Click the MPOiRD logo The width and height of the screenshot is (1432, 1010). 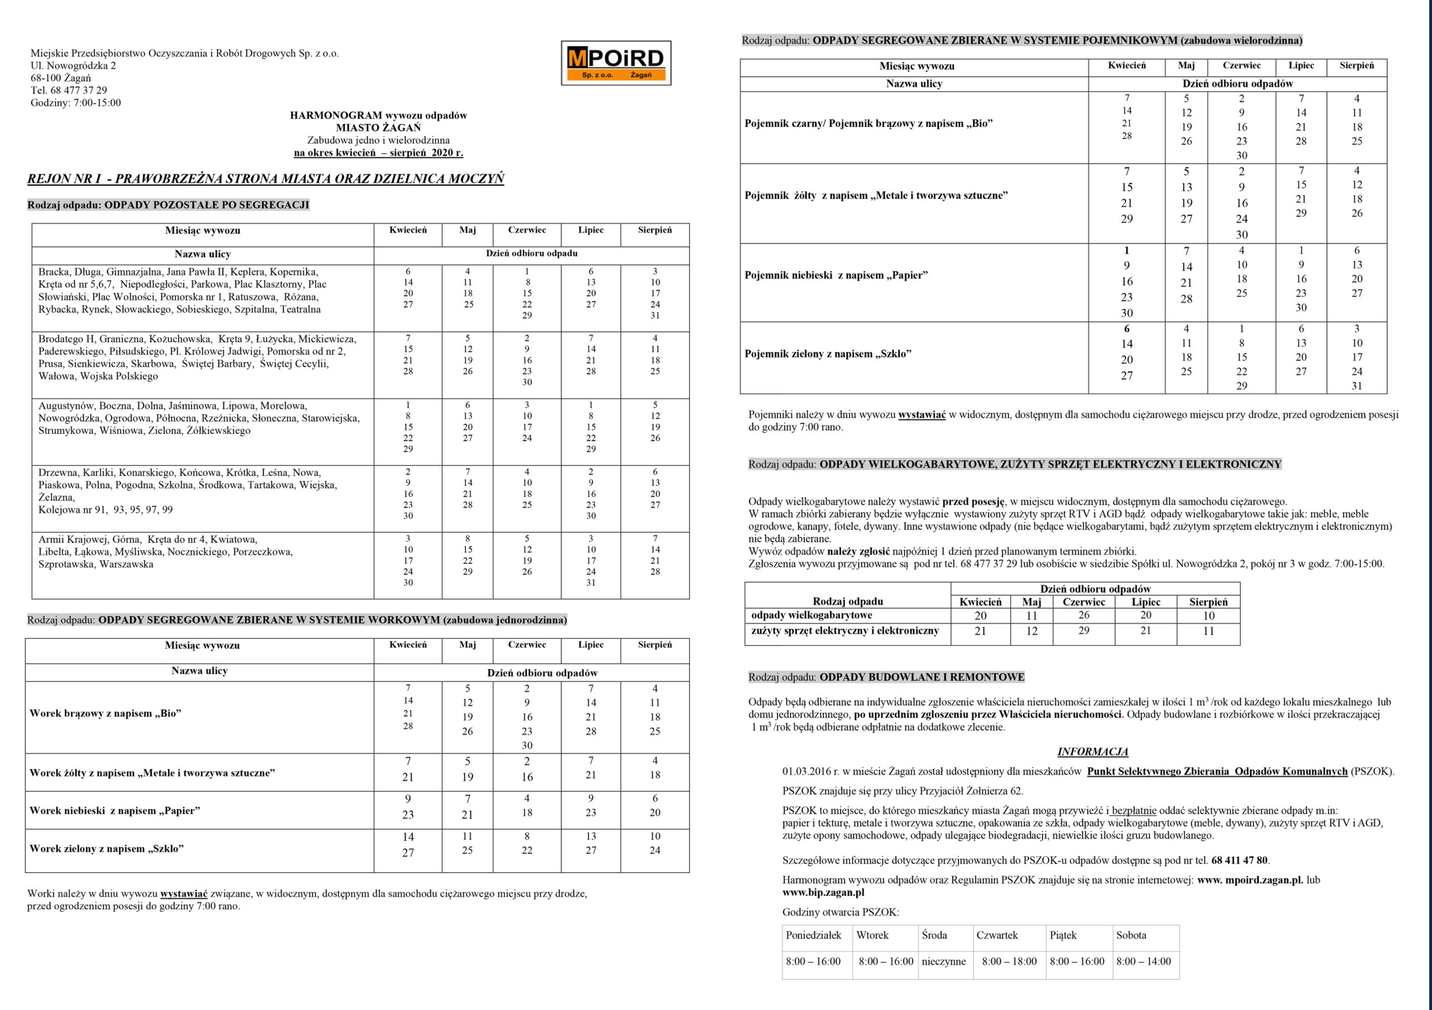point(615,63)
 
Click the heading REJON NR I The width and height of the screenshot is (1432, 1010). point(265,179)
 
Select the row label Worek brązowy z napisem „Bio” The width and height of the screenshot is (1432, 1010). point(105,713)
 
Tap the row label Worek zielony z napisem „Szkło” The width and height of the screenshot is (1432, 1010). point(107,848)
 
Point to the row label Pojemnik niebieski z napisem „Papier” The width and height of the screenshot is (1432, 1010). point(836,276)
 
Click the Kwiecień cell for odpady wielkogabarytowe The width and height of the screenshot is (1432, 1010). point(981,616)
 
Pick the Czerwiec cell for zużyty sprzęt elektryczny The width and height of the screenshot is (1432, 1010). point(1084,631)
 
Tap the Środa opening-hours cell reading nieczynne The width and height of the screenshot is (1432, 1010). point(944,961)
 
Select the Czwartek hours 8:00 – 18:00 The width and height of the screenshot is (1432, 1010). point(1009,961)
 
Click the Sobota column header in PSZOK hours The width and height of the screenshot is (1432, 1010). point(1132,935)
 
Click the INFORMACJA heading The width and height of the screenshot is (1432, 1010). point(1092,752)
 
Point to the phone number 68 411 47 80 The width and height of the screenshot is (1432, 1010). point(1239,860)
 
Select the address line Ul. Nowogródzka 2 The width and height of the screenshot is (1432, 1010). point(73,65)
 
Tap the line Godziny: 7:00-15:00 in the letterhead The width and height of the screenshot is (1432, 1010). point(76,103)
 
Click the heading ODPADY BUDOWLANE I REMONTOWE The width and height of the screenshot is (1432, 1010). point(922,677)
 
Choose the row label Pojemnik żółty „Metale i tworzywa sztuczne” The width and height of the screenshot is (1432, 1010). point(875,196)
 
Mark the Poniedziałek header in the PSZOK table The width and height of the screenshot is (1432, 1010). point(813,935)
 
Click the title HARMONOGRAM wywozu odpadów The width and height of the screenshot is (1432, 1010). point(378,115)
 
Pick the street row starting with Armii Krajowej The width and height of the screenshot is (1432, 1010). point(165,552)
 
